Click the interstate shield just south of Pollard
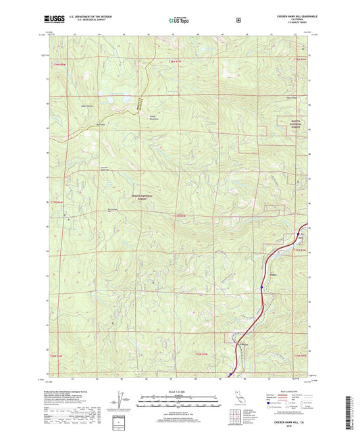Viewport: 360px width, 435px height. pos(261,288)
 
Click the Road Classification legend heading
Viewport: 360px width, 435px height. pos(289,392)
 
